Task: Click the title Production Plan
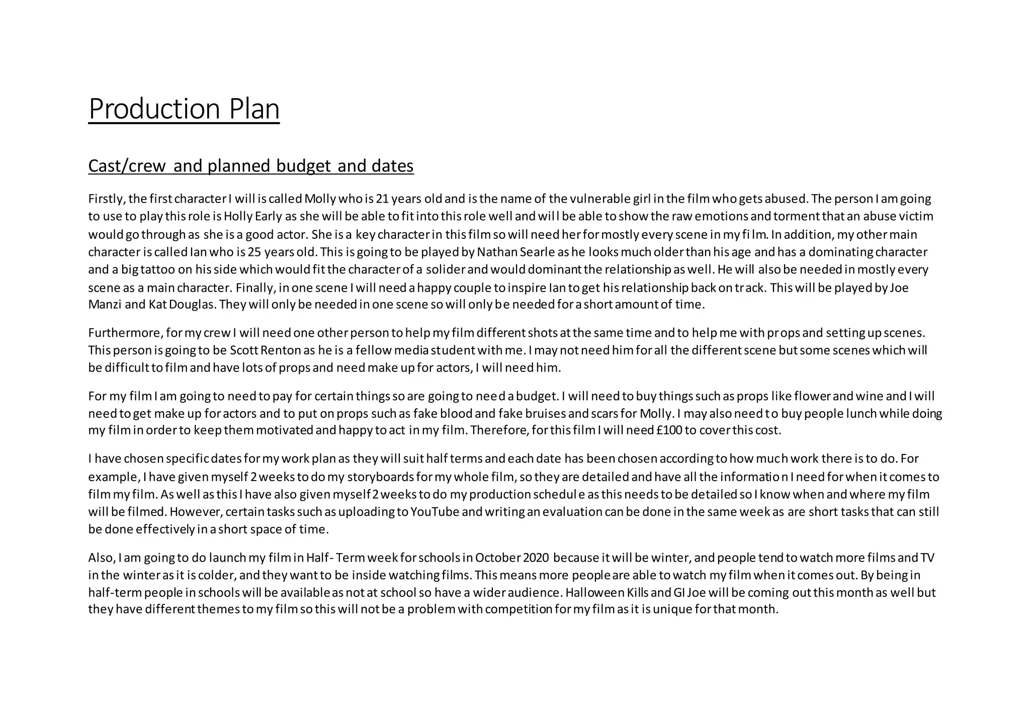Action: tap(184, 109)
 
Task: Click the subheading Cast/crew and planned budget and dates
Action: tap(250, 165)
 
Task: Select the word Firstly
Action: tap(107, 199)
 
